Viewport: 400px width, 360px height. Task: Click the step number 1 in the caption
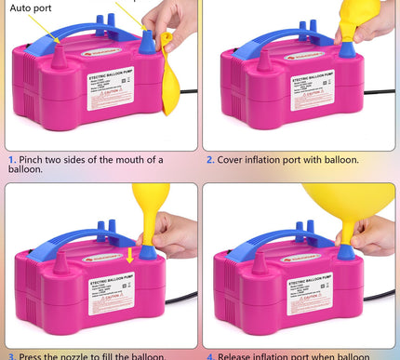(x=10, y=160)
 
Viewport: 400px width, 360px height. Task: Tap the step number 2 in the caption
(x=210, y=160)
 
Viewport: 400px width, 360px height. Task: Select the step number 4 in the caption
(x=210, y=355)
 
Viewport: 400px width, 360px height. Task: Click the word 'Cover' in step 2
(x=234, y=160)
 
